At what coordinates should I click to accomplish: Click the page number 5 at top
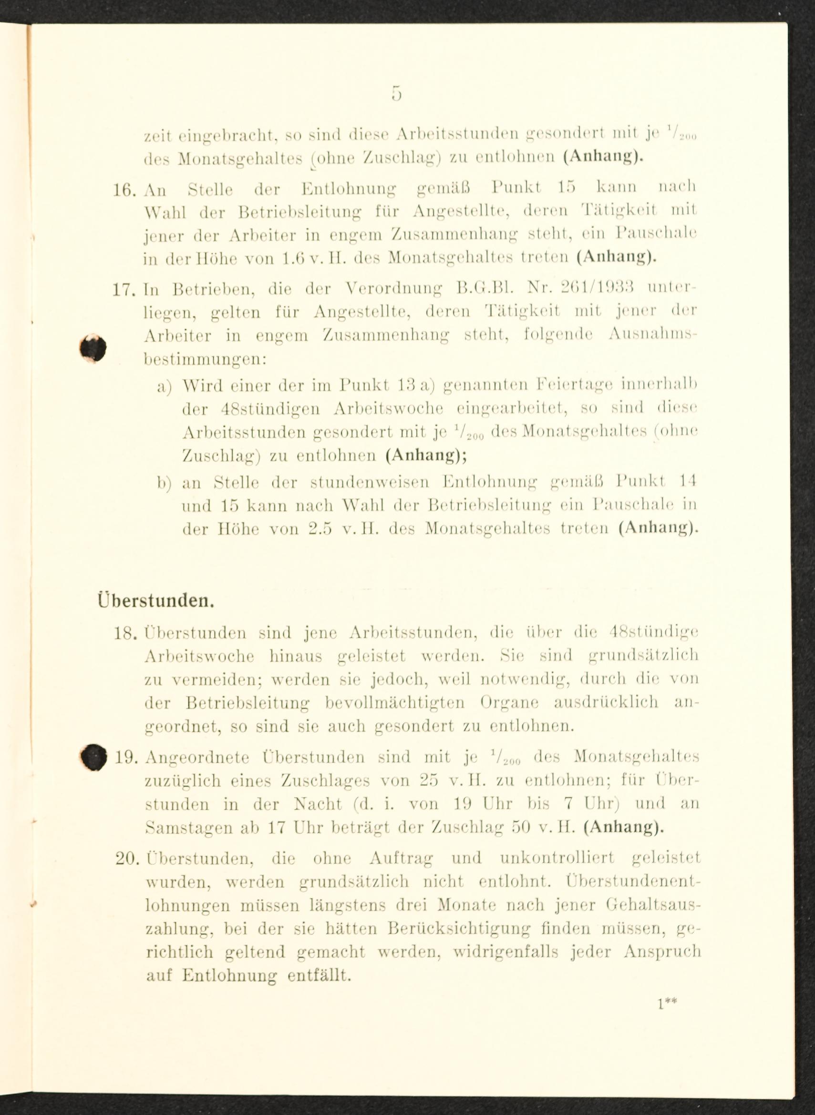pyautogui.click(x=397, y=92)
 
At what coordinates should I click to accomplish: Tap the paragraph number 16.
pyautogui.click(x=124, y=190)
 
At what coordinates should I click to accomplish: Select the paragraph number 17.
pyautogui.click(x=124, y=289)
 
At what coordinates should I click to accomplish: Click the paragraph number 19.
pyautogui.click(x=125, y=757)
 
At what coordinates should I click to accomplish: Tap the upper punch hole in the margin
pyautogui.click(x=94, y=348)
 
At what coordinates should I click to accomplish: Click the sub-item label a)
pyautogui.click(x=164, y=387)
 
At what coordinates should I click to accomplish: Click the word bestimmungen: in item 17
pyautogui.click(x=205, y=360)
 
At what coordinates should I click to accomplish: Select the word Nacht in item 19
pyautogui.click(x=317, y=804)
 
